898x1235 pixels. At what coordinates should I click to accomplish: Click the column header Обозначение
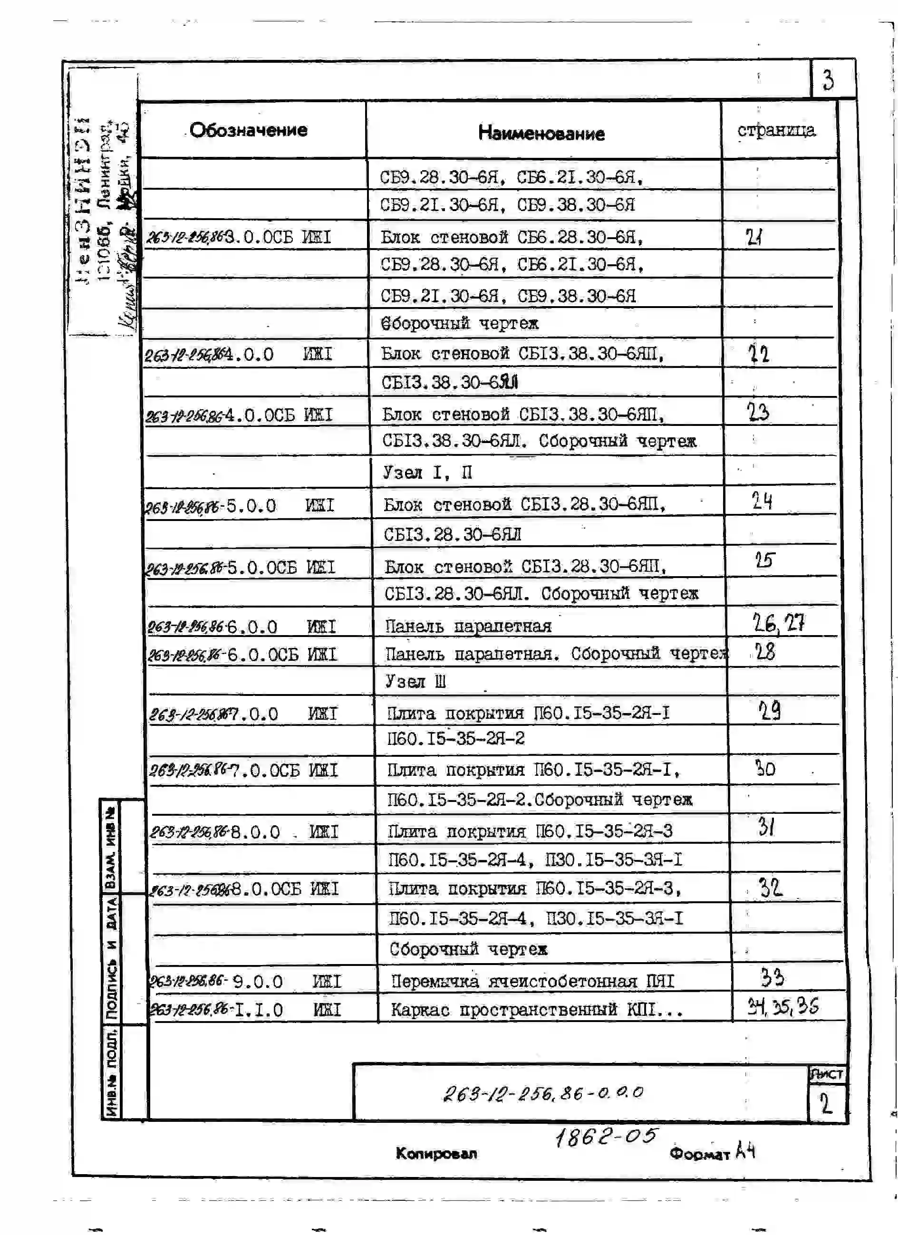coord(248,130)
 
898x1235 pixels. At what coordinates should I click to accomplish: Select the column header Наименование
coord(541,134)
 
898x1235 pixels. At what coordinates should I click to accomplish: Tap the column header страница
coord(776,130)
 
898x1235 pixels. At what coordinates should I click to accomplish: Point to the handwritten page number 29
coord(770,710)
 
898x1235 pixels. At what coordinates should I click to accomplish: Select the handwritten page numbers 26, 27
coord(778,623)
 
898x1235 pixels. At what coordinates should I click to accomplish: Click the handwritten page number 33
coord(772,977)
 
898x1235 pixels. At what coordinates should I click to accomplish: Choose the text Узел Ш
coord(415,681)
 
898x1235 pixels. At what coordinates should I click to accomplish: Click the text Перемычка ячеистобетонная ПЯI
coord(532,981)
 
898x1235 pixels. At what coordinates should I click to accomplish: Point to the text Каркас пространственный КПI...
coord(536,1010)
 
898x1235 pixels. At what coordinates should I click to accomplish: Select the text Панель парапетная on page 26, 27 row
coord(468,626)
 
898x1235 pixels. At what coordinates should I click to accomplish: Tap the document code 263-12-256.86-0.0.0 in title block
coord(543,1092)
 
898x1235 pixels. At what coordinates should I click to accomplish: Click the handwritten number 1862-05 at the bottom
coord(606,1137)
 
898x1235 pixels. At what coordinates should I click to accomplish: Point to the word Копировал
coord(436,1153)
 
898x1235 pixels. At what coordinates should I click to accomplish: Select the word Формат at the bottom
coord(699,1154)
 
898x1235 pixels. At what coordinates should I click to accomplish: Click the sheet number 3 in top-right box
coord(828,80)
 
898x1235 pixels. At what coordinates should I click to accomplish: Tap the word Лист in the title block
coord(826,1074)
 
